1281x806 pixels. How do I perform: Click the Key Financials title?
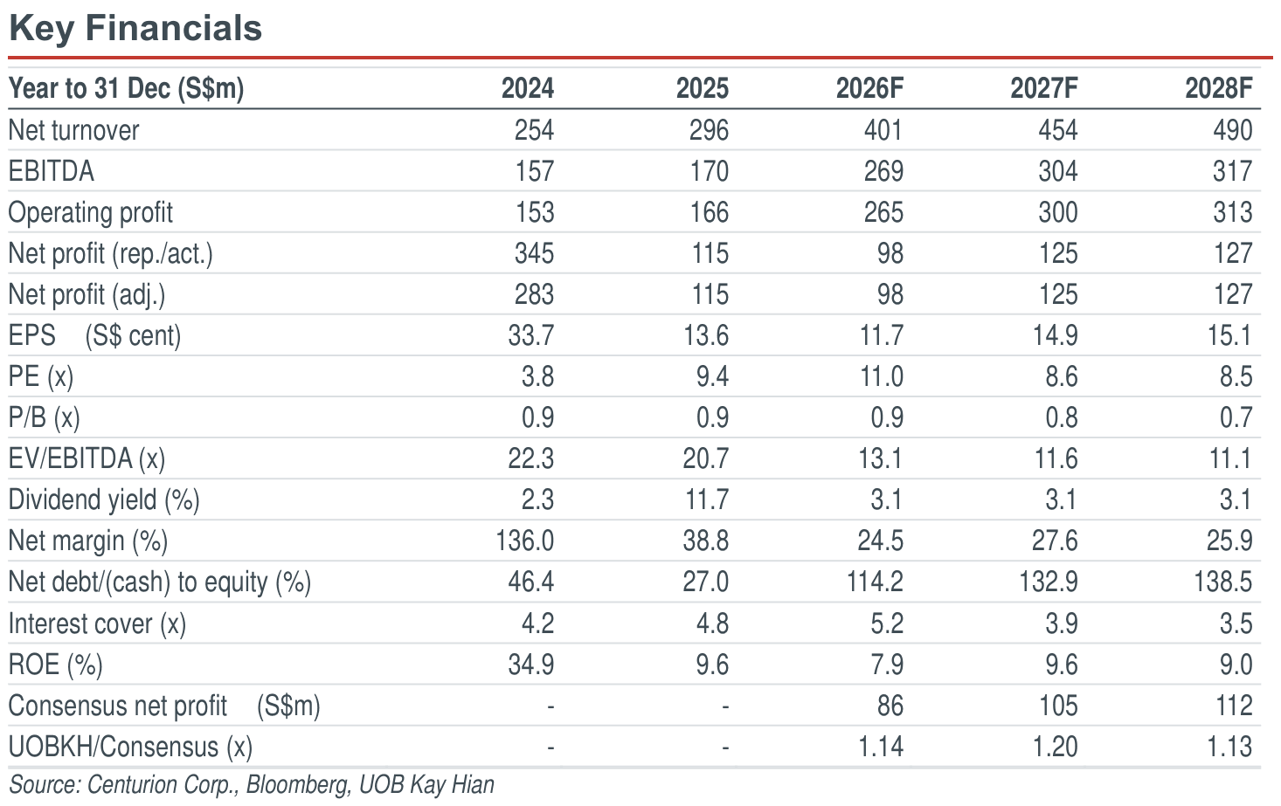135,29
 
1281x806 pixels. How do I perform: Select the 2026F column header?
869,88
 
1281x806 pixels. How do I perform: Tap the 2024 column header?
527,88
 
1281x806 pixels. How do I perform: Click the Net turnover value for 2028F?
1233,130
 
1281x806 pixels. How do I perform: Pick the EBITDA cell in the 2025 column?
710,171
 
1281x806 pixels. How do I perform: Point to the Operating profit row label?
90,213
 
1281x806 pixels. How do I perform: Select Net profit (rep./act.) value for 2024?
534,253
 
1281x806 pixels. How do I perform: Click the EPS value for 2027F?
1055,335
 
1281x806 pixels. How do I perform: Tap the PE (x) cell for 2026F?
882,376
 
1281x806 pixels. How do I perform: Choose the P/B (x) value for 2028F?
1236,418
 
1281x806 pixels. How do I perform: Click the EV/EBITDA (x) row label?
87,459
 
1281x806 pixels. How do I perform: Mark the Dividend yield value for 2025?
707,499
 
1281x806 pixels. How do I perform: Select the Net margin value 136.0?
525,541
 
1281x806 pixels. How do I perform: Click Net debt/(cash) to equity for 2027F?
1049,582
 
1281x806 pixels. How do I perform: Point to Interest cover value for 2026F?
887,623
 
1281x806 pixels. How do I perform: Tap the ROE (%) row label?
55,665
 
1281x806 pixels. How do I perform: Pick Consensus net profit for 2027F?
1058,706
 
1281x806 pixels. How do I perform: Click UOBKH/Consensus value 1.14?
882,747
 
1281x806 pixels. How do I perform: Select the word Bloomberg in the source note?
297,785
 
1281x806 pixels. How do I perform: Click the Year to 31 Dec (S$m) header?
127,89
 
